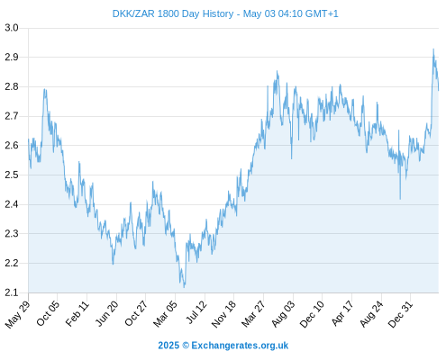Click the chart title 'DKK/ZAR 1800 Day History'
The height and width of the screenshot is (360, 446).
[x=173, y=13]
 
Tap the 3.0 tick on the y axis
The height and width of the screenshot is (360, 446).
[x=12, y=28]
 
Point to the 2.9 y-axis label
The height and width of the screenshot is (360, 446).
[x=12, y=57]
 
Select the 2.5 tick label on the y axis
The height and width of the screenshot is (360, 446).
[x=12, y=175]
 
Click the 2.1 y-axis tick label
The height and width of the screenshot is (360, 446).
[x=12, y=292]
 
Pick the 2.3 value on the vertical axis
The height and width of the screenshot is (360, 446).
[x=12, y=233]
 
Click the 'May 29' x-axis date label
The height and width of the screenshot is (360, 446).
[x=17, y=314]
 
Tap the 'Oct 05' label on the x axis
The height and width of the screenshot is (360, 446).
[x=48, y=313]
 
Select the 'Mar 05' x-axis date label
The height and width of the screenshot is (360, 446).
[x=165, y=314]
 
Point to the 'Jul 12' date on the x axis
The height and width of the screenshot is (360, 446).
[x=196, y=312]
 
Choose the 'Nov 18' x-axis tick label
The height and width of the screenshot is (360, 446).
[x=223, y=314]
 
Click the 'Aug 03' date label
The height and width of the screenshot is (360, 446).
[x=284, y=314]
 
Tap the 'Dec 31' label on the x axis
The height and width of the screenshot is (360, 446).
[x=401, y=314]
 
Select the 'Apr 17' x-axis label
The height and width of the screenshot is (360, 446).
[x=342, y=313]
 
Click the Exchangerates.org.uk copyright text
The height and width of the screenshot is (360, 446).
[x=223, y=346]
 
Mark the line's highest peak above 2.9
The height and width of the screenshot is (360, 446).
[x=433, y=49]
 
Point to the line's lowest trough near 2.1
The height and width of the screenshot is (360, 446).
[x=184, y=287]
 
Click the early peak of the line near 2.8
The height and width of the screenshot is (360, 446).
[x=45, y=89]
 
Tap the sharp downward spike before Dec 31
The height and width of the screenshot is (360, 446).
[x=400, y=199]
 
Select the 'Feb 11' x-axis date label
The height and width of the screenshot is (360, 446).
[x=77, y=313]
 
